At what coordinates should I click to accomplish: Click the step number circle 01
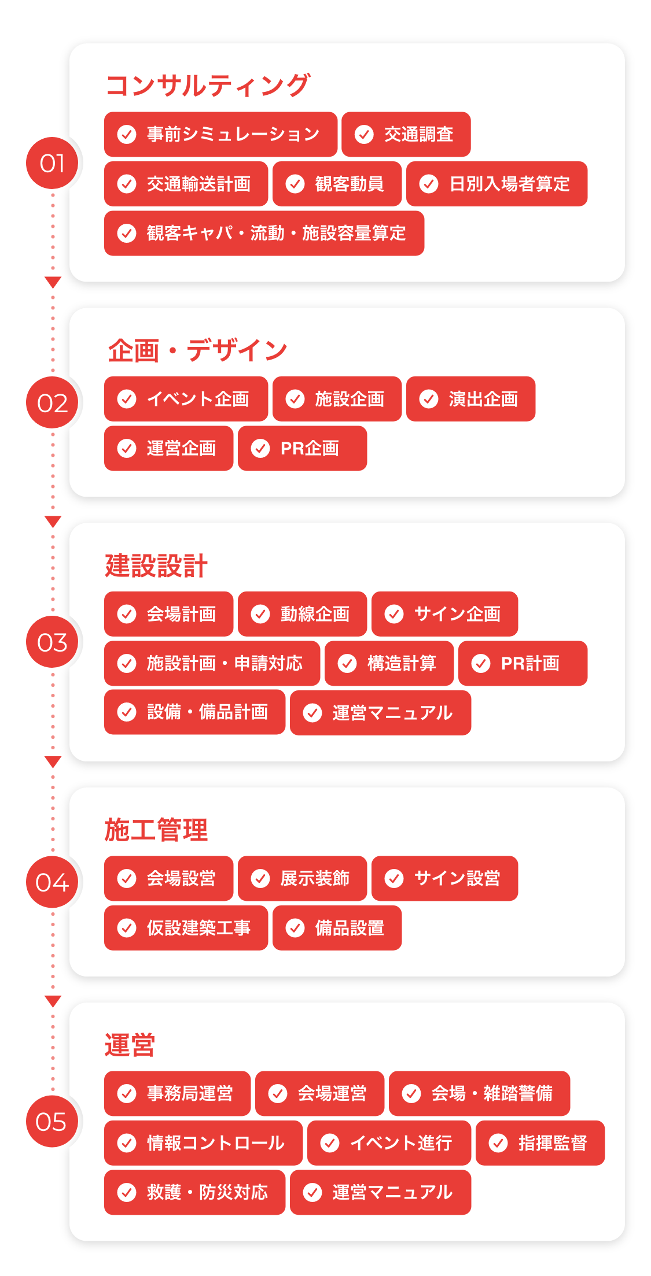(52, 163)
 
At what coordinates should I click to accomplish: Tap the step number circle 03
(52, 642)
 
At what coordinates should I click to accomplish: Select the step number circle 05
(52, 1122)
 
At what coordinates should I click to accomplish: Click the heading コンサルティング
(208, 86)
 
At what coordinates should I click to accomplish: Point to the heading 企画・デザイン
(197, 350)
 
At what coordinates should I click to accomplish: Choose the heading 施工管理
(156, 830)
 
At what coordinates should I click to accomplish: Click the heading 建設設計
(156, 565)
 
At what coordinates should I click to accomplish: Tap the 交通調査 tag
(406, 134)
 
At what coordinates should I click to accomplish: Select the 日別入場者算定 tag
(496, 184)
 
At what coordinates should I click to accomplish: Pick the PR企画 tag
(302, 448)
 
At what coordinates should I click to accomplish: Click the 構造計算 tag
(389, 663)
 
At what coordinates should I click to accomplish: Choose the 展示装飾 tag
(302, 878)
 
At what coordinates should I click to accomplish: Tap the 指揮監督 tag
(540, 1143)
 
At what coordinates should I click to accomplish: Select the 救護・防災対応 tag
(194, 1192)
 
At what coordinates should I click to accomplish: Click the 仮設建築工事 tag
(186, 928)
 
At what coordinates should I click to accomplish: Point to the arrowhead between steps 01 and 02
(53, 282)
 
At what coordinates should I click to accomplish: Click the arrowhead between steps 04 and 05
(53, 1001)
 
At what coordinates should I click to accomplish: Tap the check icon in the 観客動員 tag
(295, 184)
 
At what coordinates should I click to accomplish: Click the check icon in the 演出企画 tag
(429, 399)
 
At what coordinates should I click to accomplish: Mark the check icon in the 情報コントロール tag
(127, 1143)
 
